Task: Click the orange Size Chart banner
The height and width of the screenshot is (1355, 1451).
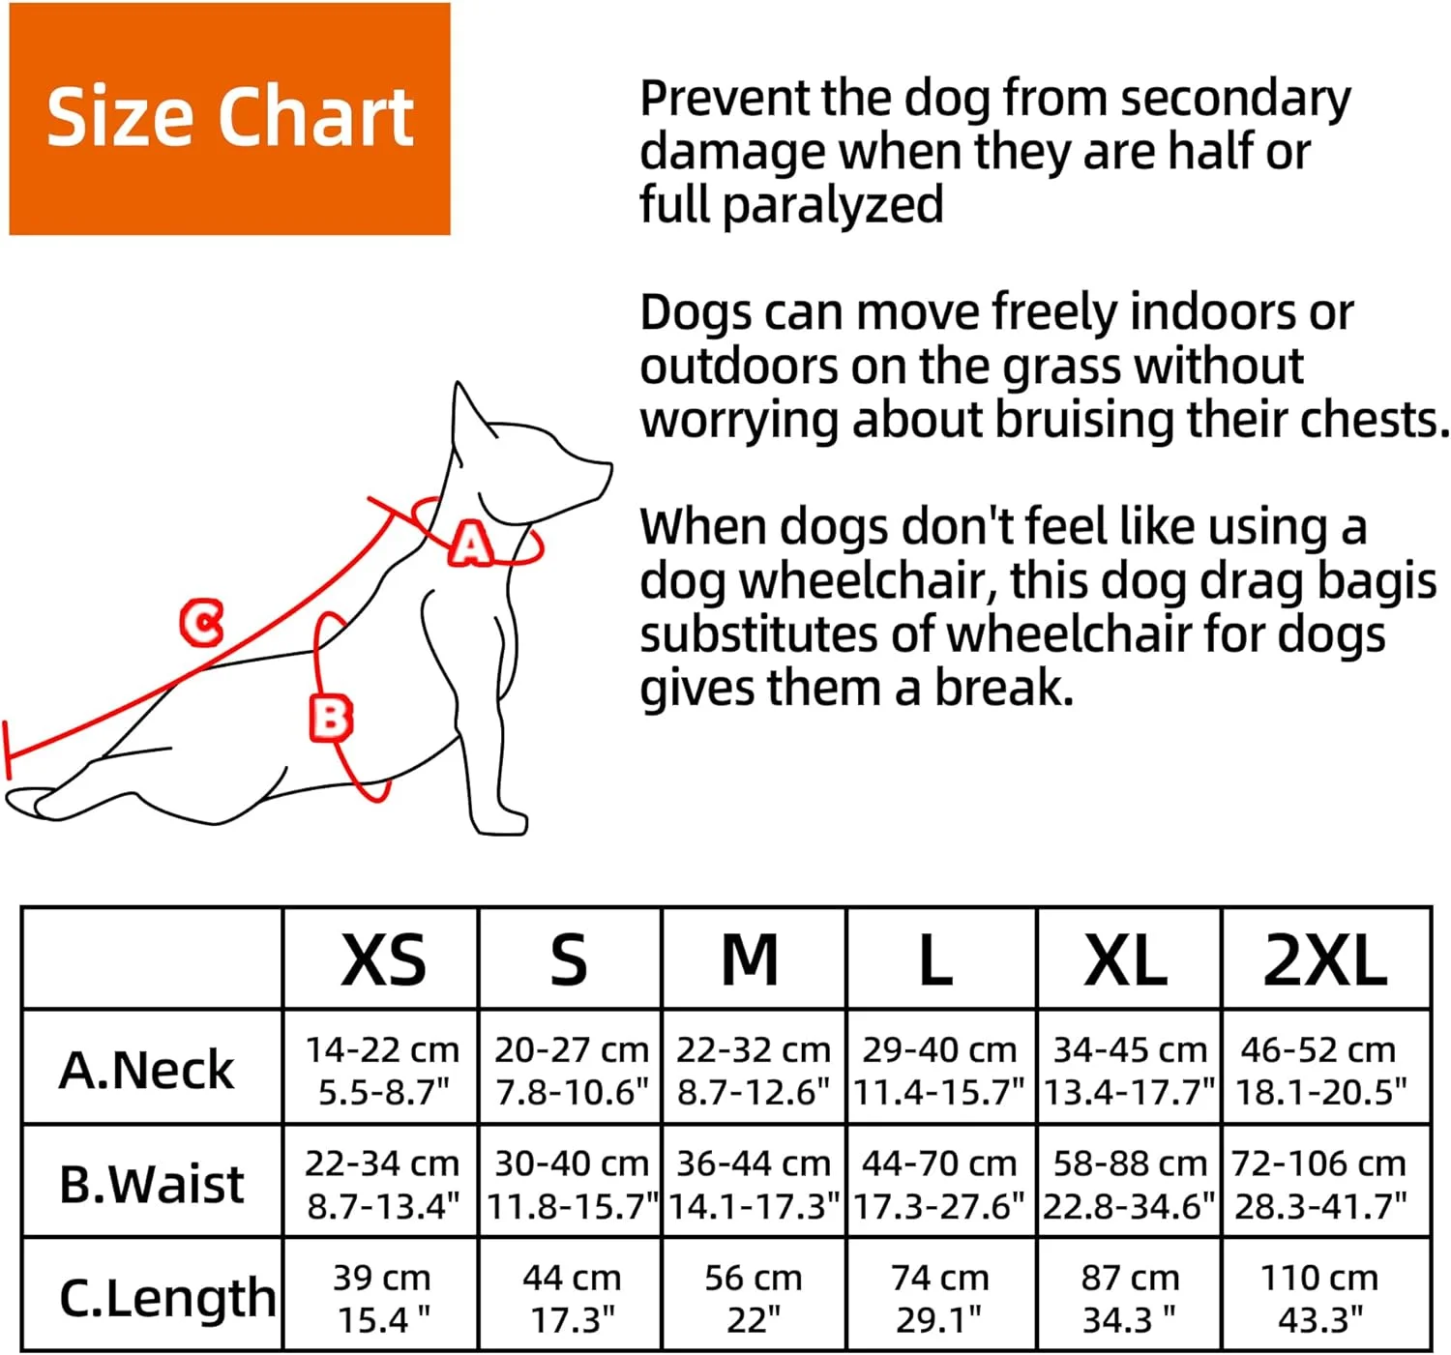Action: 229,119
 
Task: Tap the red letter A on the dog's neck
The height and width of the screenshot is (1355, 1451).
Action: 471,543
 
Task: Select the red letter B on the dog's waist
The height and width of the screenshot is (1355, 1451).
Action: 331,719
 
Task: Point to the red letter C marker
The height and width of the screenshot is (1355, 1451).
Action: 201,622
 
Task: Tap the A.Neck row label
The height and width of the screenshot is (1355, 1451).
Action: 146,1070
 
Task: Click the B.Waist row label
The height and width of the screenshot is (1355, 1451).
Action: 151,1184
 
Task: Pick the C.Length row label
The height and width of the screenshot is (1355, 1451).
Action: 167,1299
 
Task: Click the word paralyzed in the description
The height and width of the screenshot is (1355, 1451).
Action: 833,205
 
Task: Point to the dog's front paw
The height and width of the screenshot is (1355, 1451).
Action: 498,822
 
